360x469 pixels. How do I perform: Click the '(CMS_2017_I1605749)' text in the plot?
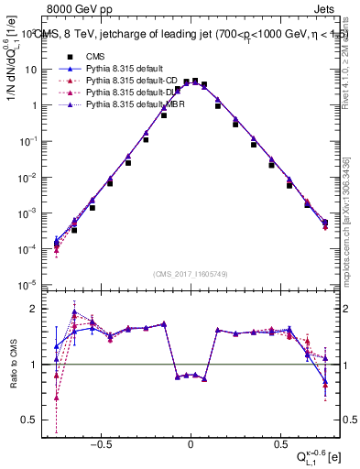[191, 274]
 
